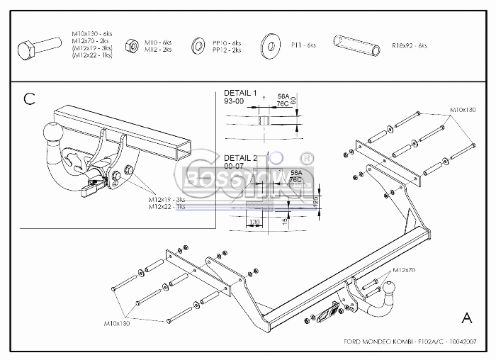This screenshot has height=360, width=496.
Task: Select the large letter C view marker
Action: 29,99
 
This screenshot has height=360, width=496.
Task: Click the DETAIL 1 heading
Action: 240,93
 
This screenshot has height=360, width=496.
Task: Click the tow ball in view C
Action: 53,133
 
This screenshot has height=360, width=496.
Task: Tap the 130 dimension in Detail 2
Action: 255,222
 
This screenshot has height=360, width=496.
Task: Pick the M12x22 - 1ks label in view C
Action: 167,206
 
